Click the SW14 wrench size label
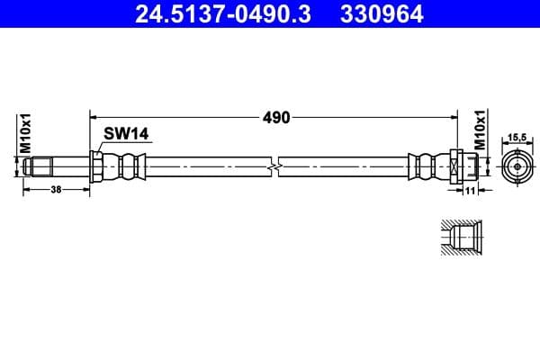point(125,134)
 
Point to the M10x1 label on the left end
point(26,133)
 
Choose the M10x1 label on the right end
point(480,131)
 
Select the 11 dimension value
point(469,190)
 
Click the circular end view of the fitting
point(517,167)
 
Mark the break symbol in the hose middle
point(274,167)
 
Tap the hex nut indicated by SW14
point(96,167)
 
